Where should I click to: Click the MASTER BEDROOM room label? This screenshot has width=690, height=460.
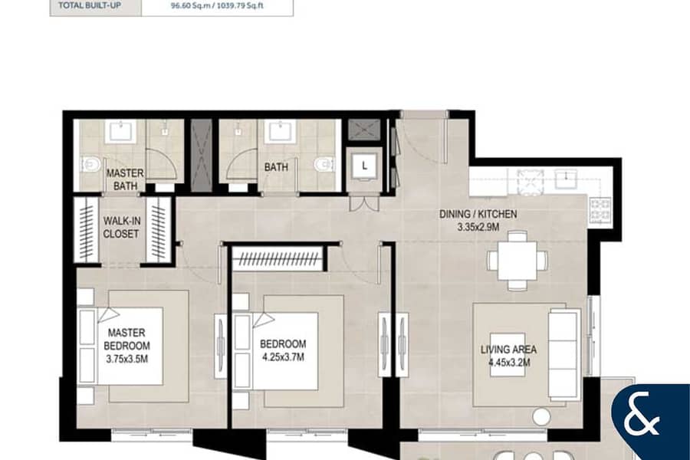coord(127,339)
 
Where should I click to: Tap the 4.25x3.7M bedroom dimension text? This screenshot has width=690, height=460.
coord(284,357)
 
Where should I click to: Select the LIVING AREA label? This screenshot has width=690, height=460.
coord(508,350)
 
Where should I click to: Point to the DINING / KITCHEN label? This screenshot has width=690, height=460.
coord(478,215)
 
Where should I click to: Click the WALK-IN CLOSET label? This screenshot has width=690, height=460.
coord(121,227)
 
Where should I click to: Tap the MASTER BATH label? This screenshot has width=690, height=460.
coord(125,179)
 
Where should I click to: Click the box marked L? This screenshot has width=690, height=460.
coord(364,166)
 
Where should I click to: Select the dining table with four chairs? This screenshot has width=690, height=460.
coord(517,260)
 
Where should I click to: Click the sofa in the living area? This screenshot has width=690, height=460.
coord(563,354)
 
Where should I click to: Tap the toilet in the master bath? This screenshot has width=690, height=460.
coord(90,165)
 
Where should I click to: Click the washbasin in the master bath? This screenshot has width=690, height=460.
coord(120,131)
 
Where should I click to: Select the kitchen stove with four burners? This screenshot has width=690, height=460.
coord(600,209)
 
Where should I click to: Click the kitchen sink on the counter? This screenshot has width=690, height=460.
coord(566,179)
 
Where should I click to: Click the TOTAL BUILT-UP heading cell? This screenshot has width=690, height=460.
coord(90,5)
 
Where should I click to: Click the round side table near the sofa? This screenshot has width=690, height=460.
coord(540,416)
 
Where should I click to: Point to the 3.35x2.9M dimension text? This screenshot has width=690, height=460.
coord(478,228)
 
